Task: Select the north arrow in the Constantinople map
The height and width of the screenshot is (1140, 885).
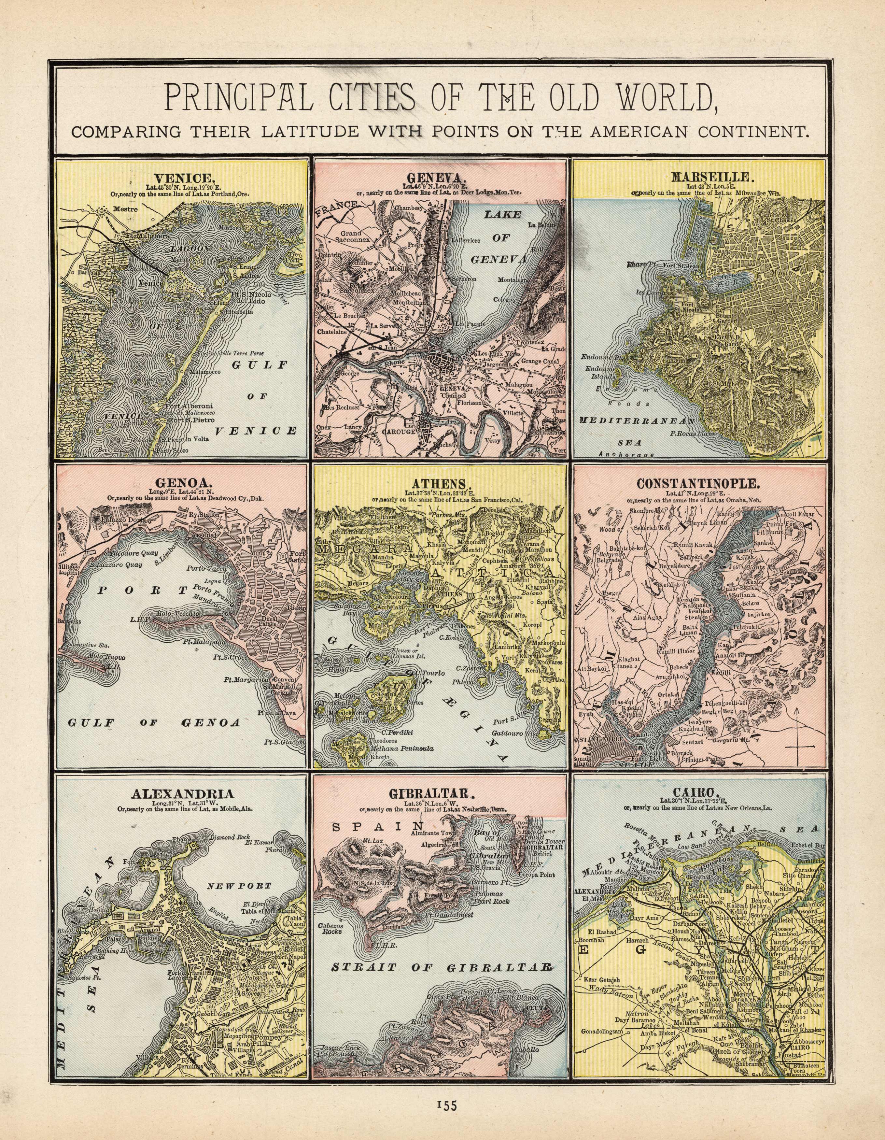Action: click(x=798, y=734)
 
